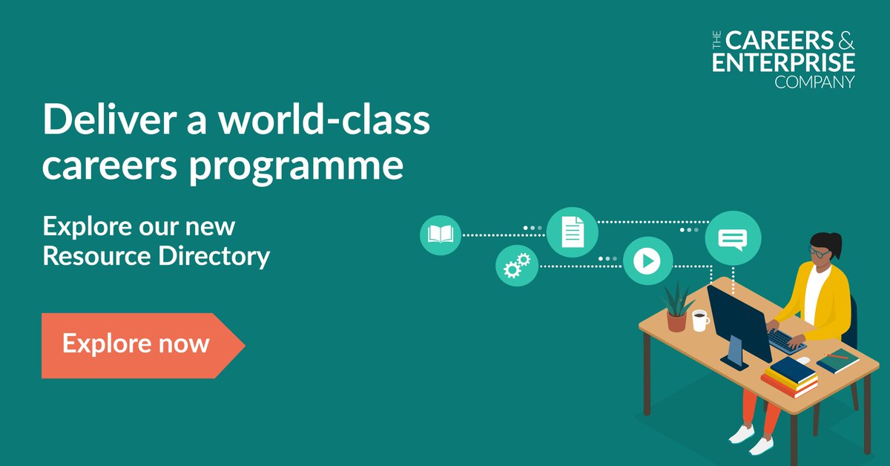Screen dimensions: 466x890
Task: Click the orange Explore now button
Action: click(x=137, y=345)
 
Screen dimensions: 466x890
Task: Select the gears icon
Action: click(x=517, y=264)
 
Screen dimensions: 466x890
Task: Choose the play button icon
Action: click(x=647, y=260)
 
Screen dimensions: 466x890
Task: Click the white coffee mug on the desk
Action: click(x=699, y=320)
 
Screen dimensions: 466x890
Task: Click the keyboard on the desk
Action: click(x=785, y=340)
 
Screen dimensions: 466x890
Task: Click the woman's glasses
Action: click(x=819, y=253)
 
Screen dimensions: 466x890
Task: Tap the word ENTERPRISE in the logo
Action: click(x=783, y=62)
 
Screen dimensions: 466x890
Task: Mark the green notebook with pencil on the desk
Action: click(x=837, y=360)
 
